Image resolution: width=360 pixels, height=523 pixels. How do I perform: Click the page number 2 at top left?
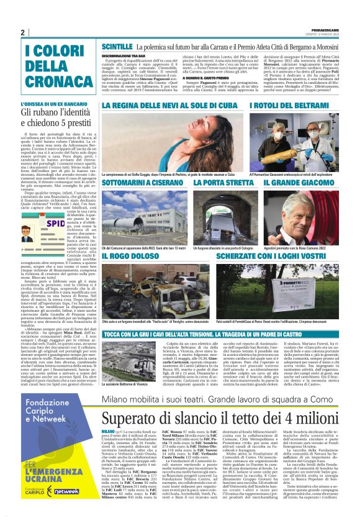(22, 32)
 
